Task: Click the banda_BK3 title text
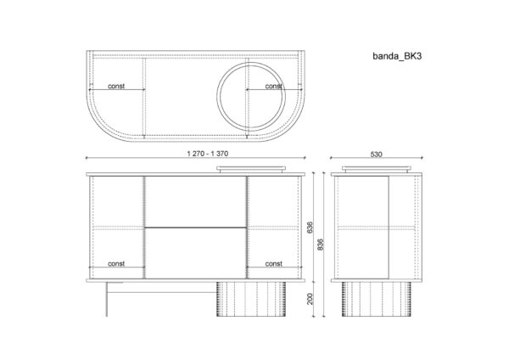pos(397,56)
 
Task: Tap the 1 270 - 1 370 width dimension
pos(208,154)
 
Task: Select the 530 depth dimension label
pos(376,155)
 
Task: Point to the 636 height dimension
pos(310,228)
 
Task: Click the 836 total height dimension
pos(320,245)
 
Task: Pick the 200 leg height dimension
pos(310,299)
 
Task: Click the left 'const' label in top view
pos(116,86)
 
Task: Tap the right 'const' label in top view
pos(274,86)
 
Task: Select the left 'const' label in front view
pos(116,263)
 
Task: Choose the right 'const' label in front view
pos(274,263)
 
